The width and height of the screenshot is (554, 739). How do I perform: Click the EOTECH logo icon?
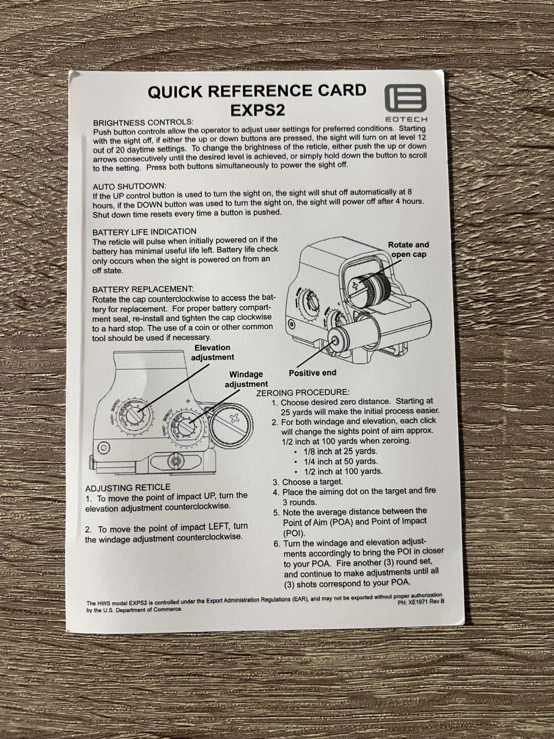[405, 98]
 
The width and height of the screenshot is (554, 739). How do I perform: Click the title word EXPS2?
[258, 110]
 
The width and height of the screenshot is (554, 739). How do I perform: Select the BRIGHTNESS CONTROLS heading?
[143, 122]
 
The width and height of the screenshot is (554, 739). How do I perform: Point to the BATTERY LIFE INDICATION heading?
[144, 232]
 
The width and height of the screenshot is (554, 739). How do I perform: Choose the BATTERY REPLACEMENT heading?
[143, 289]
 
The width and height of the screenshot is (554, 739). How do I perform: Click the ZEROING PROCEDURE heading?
[303, 393]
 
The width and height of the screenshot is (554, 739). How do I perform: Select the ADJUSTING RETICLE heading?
[128, 488]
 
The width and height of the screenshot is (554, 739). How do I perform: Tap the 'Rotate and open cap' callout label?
[409, 249]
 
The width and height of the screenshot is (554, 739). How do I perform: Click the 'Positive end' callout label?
[312, 373]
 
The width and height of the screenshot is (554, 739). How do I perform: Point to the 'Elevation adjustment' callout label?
[212, 352]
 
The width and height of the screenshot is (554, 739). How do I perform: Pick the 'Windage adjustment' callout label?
[246, 379]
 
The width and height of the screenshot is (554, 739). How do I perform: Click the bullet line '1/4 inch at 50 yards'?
[340, 461]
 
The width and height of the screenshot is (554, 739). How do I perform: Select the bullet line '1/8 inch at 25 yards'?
[340, 451]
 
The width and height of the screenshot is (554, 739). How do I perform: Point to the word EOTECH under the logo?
[406, 119]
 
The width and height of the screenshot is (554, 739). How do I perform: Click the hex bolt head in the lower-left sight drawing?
[104, 448]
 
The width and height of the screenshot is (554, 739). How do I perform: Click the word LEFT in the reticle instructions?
[219, 527]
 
